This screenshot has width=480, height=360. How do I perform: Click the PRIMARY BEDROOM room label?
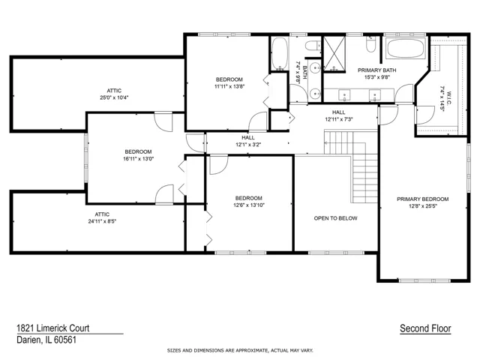pos(423,199)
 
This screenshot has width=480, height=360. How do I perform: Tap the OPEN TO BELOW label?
pos(335,218)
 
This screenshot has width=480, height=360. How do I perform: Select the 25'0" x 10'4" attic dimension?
pos(114,97)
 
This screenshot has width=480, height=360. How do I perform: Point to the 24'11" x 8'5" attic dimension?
pos(102,221)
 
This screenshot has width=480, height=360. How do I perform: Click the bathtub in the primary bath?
pos(406,48)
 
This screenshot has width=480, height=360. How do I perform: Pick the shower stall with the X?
pos(334,54)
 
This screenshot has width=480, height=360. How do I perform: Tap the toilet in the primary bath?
pos(370,44)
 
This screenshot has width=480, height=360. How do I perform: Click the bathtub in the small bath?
pos(280,54)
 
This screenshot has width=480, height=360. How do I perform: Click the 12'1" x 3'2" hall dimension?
pos(248,145)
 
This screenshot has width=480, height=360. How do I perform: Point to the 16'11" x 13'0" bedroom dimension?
pos(138,159)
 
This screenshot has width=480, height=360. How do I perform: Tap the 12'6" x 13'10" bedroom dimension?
pos(249,205)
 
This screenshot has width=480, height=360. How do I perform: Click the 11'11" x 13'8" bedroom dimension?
pos(229,87)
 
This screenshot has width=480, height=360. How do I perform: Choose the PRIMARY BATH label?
pos(376,70)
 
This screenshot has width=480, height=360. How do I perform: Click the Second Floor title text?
pos(425,328)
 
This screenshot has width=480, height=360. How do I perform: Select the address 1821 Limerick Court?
pos(53,328)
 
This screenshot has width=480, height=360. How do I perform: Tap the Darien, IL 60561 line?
pos(46,340)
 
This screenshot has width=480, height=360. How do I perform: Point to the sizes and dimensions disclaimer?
pos(240,350)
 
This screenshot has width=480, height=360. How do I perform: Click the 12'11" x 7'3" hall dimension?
pos(339,119)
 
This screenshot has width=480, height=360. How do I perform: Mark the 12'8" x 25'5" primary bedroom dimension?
pos(423,206)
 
